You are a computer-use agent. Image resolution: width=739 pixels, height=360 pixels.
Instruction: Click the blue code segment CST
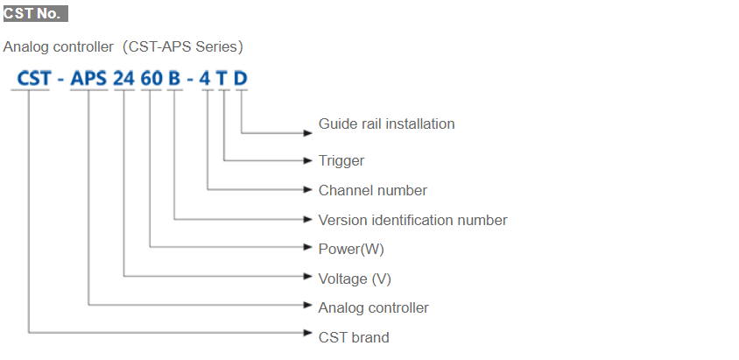point(34,79)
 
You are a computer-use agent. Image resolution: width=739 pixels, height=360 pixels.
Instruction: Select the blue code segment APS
point(88,79)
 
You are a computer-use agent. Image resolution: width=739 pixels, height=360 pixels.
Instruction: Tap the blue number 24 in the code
point(124,79)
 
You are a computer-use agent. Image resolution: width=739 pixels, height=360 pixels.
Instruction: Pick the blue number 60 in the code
point(151,79)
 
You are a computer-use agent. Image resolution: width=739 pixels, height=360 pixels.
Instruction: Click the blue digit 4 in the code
point(206,79)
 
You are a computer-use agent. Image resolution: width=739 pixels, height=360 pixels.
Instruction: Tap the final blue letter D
point(240,79)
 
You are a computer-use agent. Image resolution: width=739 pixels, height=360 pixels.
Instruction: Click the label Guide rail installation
point(386,124)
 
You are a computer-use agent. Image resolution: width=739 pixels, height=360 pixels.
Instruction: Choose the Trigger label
point(341,160)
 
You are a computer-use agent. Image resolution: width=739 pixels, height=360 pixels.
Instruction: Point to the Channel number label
point(373,190)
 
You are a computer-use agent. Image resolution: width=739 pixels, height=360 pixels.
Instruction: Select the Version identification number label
point(412,220)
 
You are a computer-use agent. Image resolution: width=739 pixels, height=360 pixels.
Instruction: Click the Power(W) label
point(351,249)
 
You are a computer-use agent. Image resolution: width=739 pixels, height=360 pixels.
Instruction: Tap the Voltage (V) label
point(355,279)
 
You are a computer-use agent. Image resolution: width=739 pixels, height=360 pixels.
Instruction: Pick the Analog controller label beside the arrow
point(373,307)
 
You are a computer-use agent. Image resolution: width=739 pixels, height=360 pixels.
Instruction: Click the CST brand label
point(354,337)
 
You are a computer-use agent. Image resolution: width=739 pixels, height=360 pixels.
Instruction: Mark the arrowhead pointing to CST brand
point(307,333)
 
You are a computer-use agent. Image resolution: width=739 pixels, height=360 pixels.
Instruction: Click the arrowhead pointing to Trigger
point(307,160)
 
